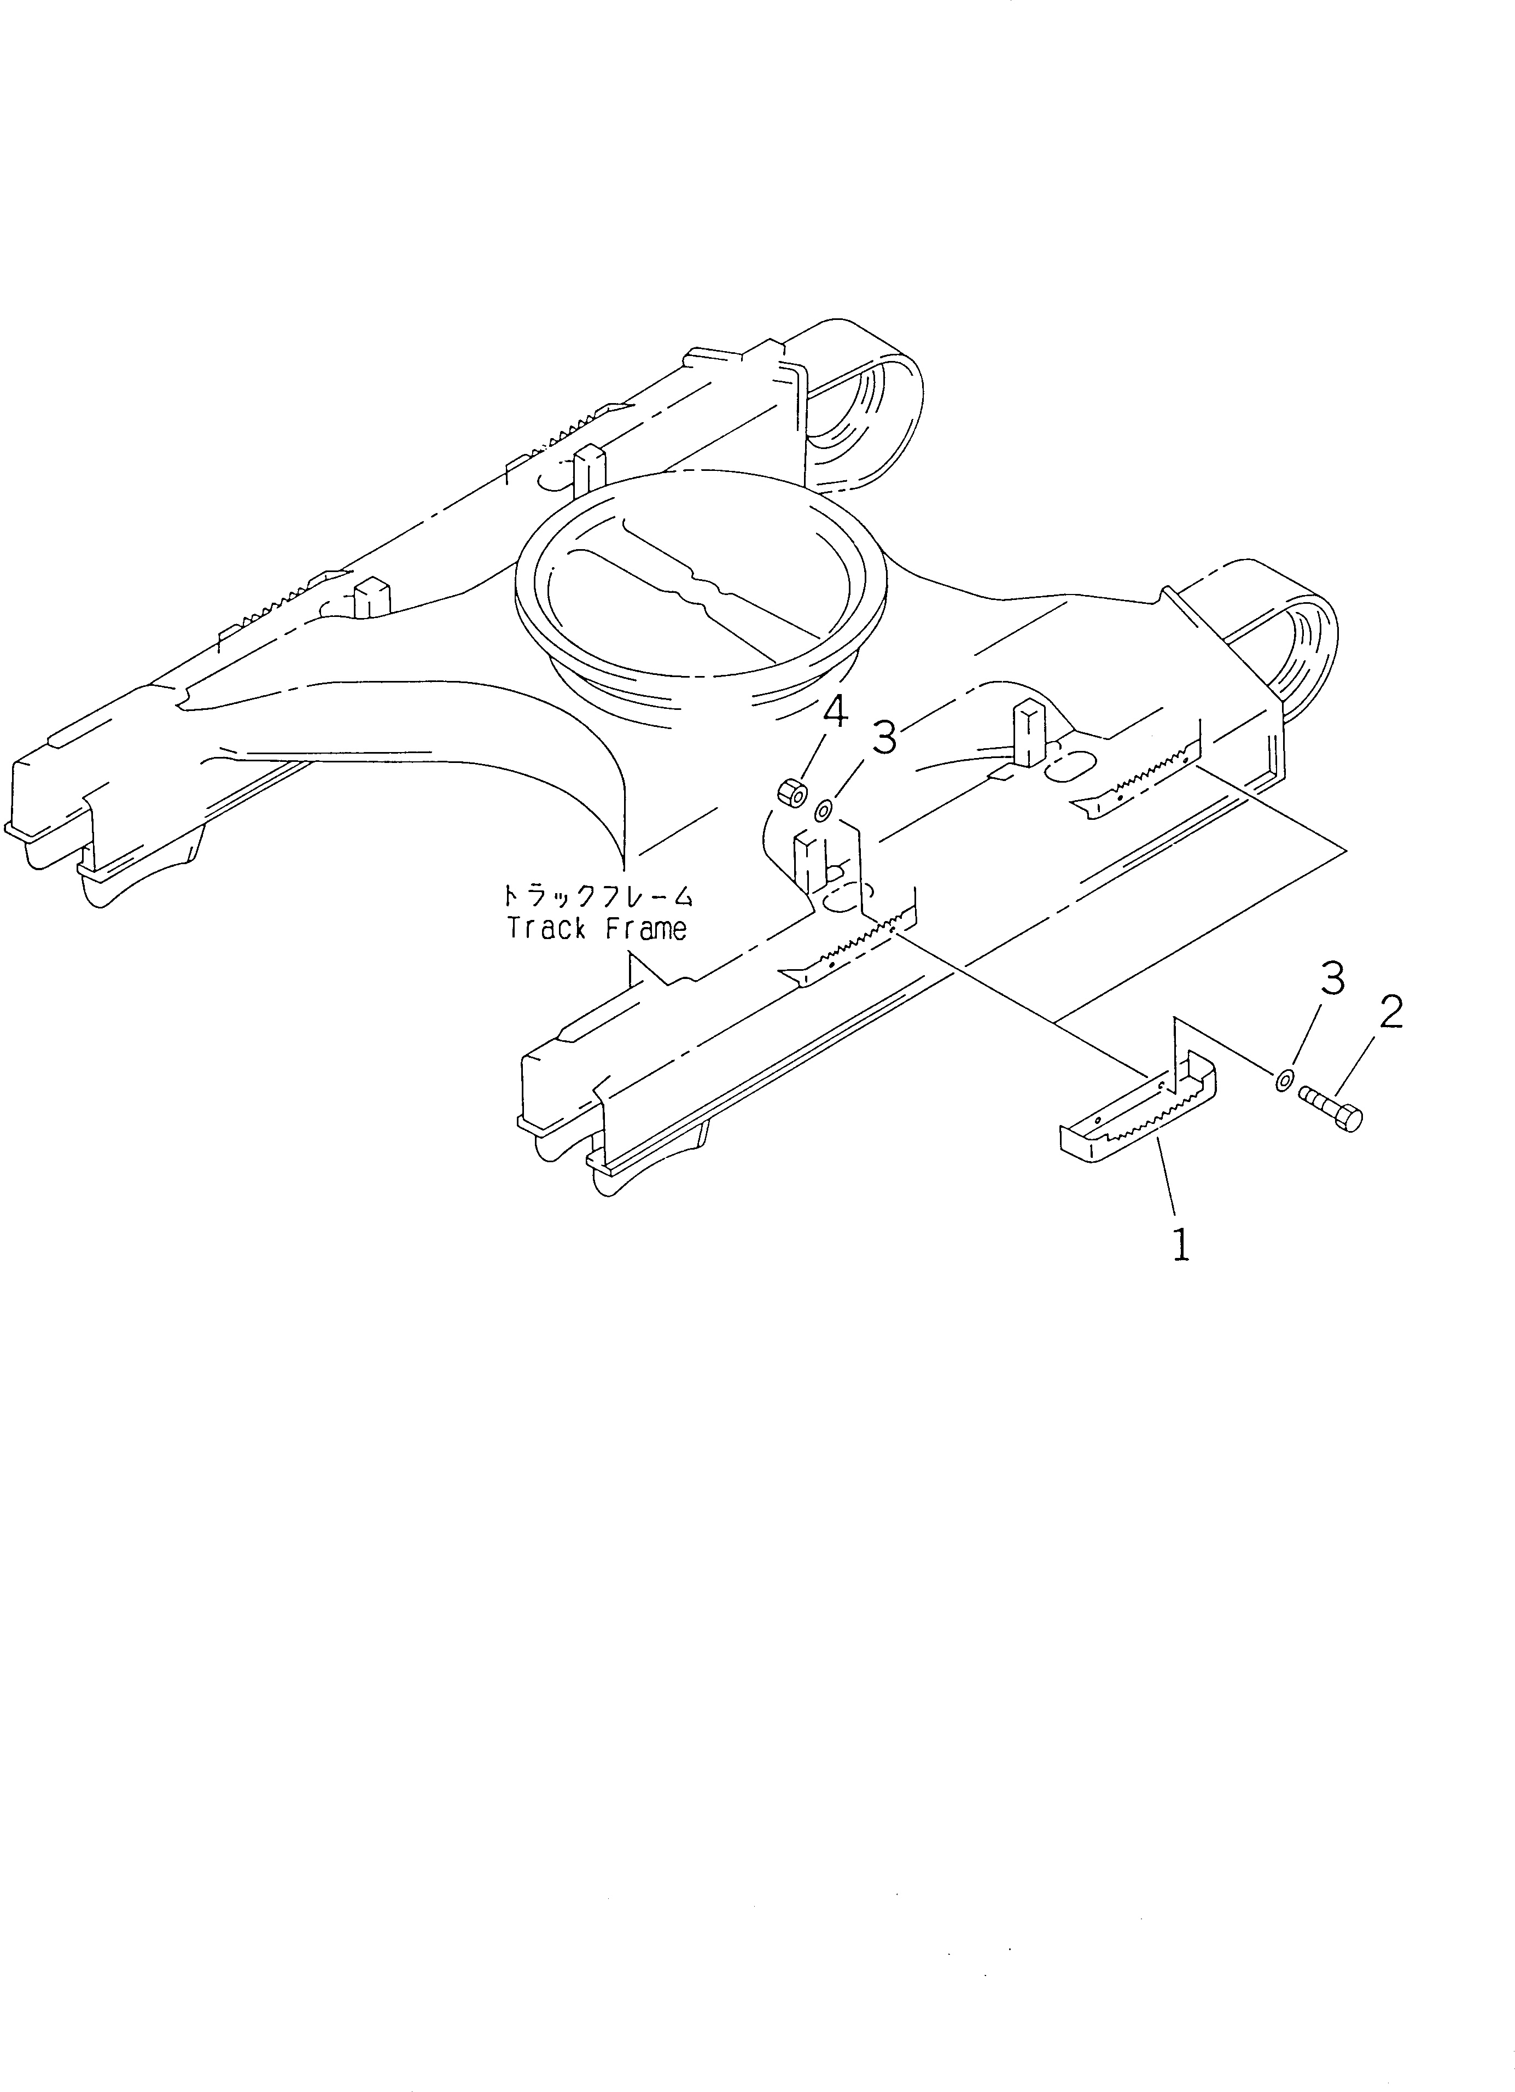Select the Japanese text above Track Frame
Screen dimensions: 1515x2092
596,895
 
